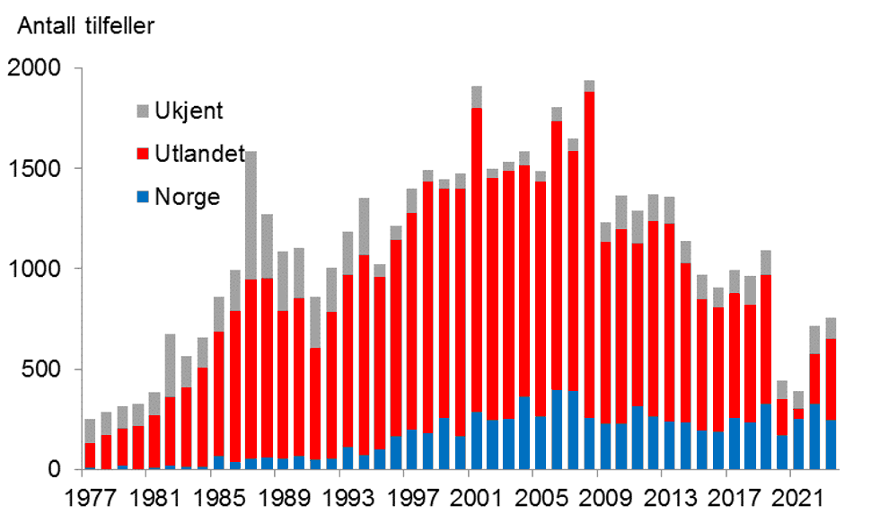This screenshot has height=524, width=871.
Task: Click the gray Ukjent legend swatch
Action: coord(143,111)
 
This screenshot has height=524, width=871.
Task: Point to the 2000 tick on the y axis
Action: coord(34,68)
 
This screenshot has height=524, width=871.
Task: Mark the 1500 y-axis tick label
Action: coord(34,168)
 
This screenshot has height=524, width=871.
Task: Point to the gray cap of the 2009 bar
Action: coord(605,232)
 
